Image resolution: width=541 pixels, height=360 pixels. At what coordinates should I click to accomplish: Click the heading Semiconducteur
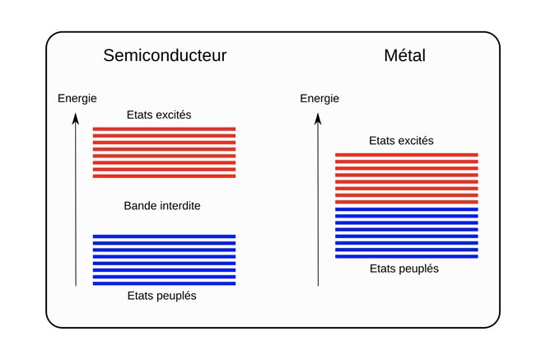pyautogui.click(x=165, y=56)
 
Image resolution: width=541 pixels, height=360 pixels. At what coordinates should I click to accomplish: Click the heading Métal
pyautogui.click(x=404, y=56)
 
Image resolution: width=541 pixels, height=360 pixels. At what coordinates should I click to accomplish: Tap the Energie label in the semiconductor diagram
pyautogui.click(x=77, y=99)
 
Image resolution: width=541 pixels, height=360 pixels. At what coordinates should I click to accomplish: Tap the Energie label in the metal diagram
pyautogui.click(x=319, y=99)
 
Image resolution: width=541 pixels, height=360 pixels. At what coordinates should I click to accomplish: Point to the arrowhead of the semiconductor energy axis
pyautogui.click(x=76, y=119)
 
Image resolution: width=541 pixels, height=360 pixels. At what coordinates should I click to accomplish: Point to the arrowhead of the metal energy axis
pyautogui.click(x=318, y=119)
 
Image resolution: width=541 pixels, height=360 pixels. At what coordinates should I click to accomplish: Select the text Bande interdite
pyautogui.click(x=162, y=205)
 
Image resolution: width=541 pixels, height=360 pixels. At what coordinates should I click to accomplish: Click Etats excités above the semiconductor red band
pyautogui.click(x=160, y=115)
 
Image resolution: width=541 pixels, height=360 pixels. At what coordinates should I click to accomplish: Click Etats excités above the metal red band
pyautogui.click(x=401, y=141)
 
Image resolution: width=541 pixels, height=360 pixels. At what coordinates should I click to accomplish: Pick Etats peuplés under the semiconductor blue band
pyautogui.click(x=162, y=296)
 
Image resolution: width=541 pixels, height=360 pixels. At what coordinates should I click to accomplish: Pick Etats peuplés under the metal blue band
pyautogui.click(x=403, y=269)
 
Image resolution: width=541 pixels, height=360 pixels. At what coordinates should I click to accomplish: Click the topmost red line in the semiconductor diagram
pyautogui.click(x=164, y=129)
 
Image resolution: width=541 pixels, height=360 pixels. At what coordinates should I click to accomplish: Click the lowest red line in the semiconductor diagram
pyautogui.click(x=164, y=175)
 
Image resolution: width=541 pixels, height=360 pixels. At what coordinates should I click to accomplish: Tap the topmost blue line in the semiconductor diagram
pyautogui.click(x=164, y=237)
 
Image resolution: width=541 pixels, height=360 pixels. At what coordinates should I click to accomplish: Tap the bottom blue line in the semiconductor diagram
pyautogui.click(x=164, y=283)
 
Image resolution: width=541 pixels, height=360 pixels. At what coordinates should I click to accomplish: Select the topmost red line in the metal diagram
pyautogui.click(x=406, y=155)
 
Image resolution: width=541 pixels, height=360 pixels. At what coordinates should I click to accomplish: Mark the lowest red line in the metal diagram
pyautogui.click(x=406, y=201)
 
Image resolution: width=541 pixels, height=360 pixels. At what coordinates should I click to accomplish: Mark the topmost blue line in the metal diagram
pyautogui.click(x=406, y=209)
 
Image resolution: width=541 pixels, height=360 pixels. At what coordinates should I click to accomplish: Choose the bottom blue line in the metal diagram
pyautogui.click(x=406, y=256)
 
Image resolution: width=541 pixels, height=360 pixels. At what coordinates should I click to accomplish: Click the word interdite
pyautogui.click(x=180, y=205)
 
